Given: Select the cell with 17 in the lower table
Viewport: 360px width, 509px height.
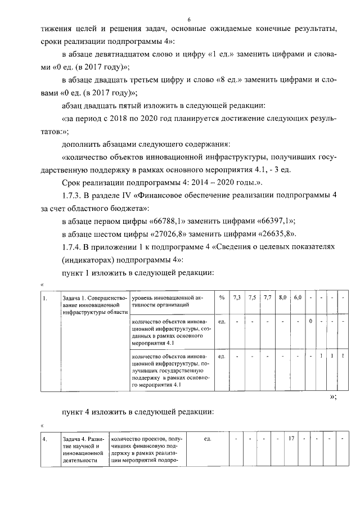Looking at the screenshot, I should (x=291, y=438).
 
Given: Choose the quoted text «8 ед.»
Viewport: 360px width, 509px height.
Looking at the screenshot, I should (x=221, y=80).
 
